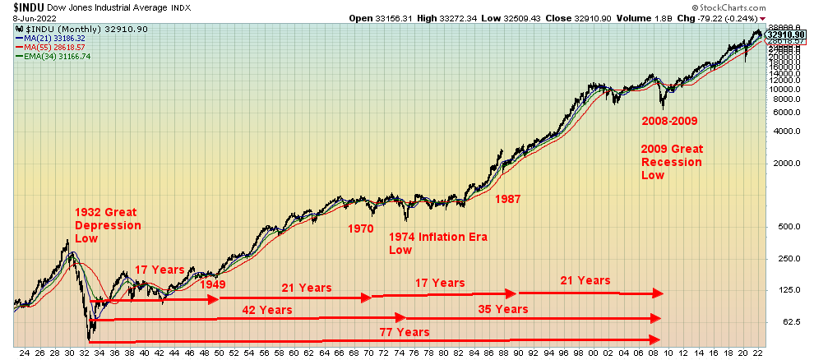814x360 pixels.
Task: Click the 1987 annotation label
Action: (507, 197)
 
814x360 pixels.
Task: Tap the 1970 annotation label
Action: (360, 229)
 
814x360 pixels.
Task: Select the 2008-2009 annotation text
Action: (669, 121)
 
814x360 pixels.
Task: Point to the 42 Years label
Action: (266, 310)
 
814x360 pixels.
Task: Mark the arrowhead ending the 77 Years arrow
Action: (657, 340)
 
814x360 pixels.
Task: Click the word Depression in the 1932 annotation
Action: (108, 225)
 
